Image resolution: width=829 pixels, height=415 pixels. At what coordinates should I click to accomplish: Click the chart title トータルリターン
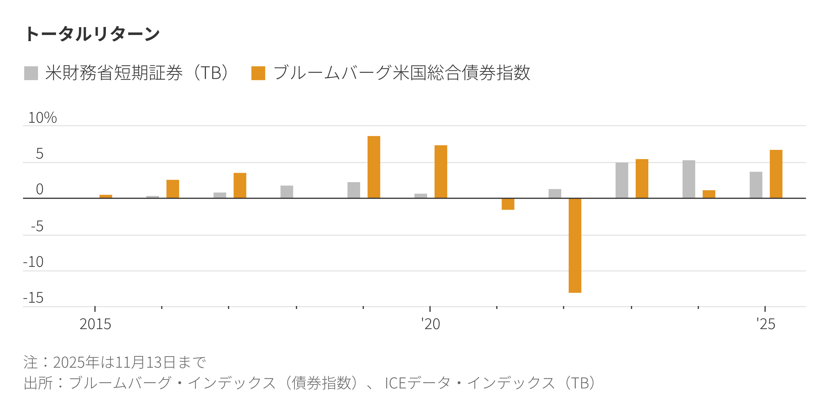coord(93,34)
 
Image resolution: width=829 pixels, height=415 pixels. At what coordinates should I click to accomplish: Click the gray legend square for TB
coord(31,73)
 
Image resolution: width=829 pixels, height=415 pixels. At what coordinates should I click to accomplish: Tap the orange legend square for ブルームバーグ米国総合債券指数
coord(258,73)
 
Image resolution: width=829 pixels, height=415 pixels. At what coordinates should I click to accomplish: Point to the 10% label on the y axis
coord(42,118)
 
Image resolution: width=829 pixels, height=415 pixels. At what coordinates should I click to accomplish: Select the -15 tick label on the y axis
coord(33,298)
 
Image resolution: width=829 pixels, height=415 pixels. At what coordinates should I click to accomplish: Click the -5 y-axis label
coord(37,226)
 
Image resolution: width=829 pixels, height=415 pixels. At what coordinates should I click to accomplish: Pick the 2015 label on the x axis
coord(95,324)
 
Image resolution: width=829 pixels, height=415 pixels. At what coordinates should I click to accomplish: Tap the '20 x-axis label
coord(430,324)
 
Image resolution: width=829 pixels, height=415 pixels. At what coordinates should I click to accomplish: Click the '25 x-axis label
coord(766,324)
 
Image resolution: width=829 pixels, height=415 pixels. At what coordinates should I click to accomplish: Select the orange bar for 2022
coord(575,245)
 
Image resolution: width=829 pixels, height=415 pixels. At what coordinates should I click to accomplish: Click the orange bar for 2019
coord(374,167)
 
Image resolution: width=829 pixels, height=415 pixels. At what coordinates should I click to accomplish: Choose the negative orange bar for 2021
coord(508,204)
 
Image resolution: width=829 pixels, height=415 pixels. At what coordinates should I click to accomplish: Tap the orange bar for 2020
coord(441,172)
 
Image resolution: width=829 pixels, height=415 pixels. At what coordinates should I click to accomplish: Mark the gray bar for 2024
coord(689,179)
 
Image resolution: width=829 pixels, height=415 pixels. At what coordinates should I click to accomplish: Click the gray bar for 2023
coord(622,180)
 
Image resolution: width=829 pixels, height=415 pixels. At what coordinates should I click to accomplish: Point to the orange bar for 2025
coord(776,174)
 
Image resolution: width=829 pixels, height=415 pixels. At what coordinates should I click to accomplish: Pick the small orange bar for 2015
coord(106,196)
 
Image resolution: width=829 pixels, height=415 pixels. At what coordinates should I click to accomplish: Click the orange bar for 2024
coord(709,194)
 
